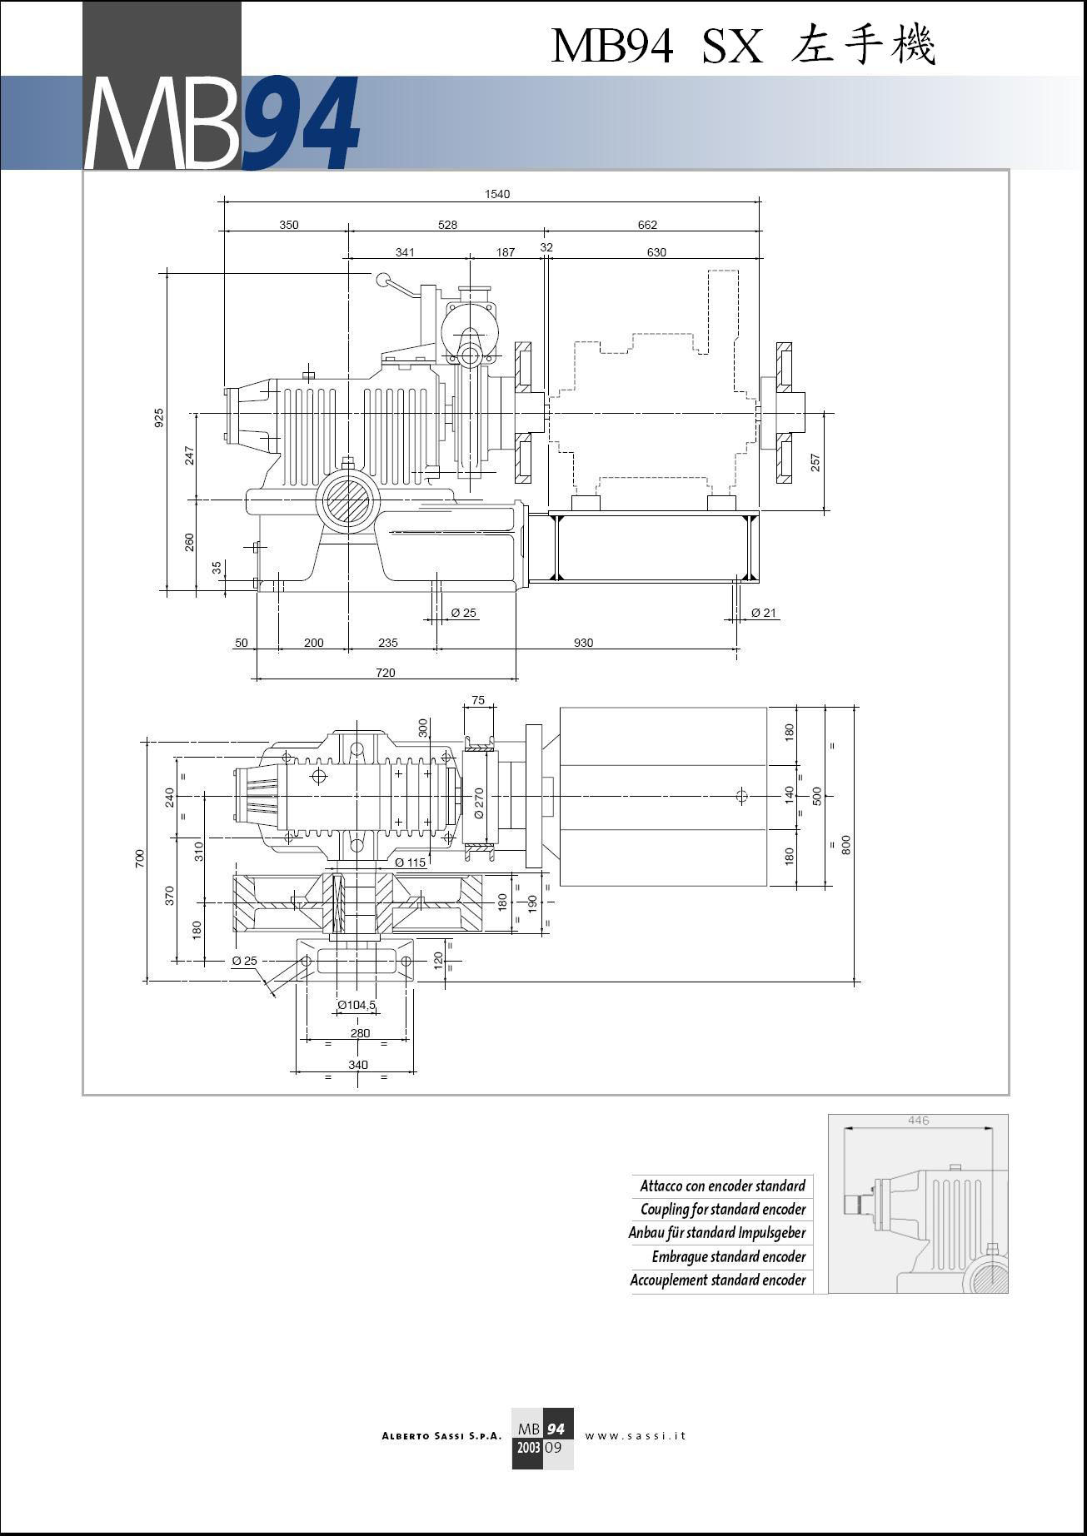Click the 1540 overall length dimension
(x=497, y=194)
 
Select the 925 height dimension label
(x=159, y=417)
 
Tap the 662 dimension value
(x=647, y=225)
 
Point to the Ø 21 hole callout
(x=763, y=613)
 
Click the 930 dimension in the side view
(x=583, y=643)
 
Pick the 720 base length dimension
(x=386, y=673)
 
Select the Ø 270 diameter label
(x=479, y=803)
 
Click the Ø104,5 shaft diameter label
(x=357, y=1005)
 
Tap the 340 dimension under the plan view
(x=357, y=1065)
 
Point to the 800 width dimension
(x=846, y=845)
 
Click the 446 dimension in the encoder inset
(x=918, y=1121)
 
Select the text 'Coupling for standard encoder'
(x=723, y=1209)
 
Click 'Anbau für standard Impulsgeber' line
(x=717, y=1232)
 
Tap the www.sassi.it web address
(x=636, y=1435)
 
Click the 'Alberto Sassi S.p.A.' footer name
(x=441, y=1436)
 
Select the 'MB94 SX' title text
(x=656, y=47)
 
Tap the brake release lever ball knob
(x=383, y=281)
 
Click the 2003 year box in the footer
(x=527, y=1448)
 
